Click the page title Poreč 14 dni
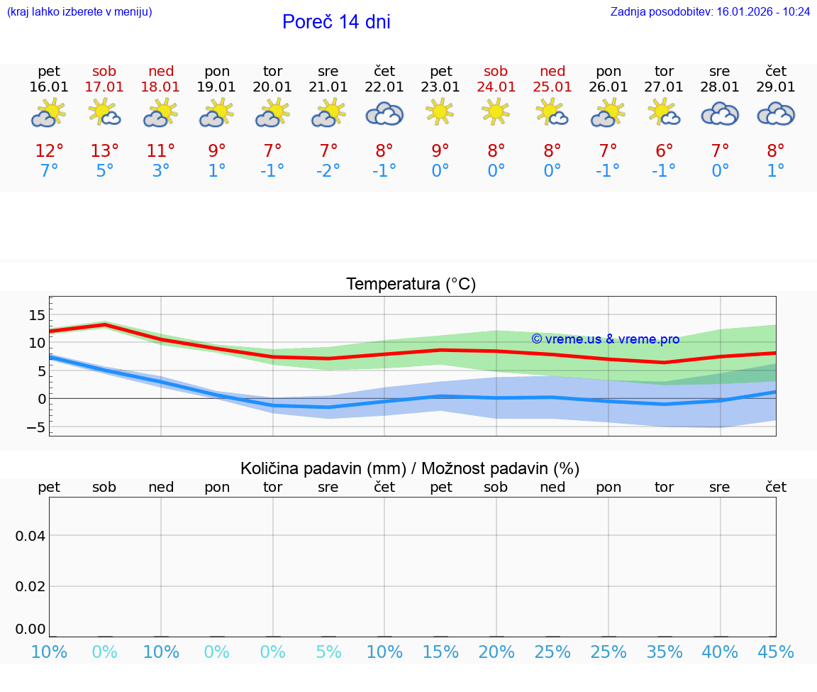click(x=336, y=22)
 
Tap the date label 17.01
click(x=104, y=87)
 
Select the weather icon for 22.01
click(x=384, y=114)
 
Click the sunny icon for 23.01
click(x=440, y=112)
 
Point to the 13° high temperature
click(x=104, y=151)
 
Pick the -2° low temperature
click(x=328, y=171)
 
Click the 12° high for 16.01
click(x=49, y=151)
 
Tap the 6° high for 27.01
click(x=664, y=151)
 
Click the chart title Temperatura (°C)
click(x=411, y=285)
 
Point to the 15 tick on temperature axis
click(x=37, y=315)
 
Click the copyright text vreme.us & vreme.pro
click(x=606, y=339)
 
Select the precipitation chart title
click(x=410, y=468)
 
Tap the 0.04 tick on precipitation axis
click(x=30, y=536)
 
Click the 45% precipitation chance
click(x=776, y=652)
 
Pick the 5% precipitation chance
click(x=328, y=652)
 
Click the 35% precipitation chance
click(x=664, y=652)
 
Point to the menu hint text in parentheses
click(x=79, y=12)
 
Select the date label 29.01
click(x=776, y=87)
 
